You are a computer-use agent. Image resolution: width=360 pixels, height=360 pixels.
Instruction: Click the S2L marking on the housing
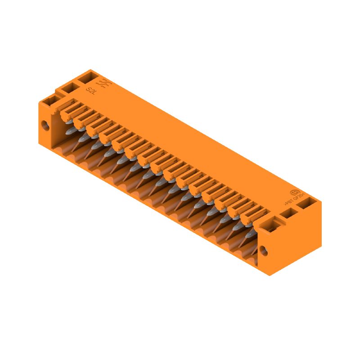click(x=91, y=90)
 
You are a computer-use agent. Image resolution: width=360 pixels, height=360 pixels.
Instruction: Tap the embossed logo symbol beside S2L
click(x=104, y=85)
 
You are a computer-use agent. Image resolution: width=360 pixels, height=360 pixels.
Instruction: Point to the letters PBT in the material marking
click(x=289, y=201)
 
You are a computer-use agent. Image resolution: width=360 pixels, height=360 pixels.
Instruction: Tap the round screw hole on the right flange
click(x=264, y=251)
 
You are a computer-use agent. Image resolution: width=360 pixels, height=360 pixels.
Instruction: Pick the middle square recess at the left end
click(x=68, y=88)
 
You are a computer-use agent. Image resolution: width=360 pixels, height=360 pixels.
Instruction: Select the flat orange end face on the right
click(x=297, y=238)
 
